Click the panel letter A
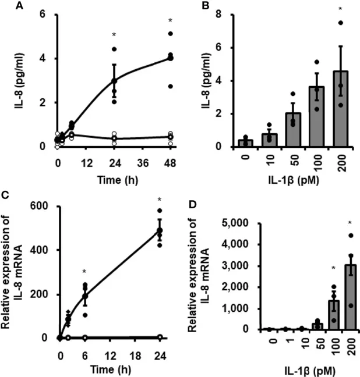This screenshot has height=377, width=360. click(x=5, y=6)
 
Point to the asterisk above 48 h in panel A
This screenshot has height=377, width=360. click(x=170, y=22)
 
